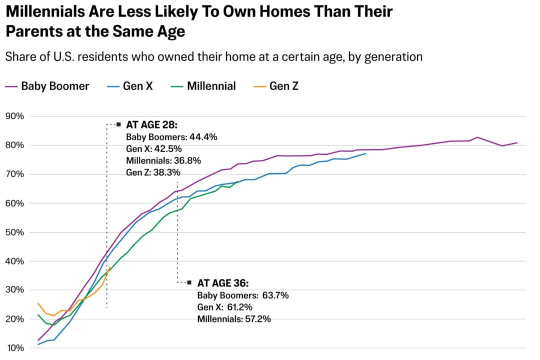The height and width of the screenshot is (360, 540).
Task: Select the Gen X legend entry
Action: click(x=131, y=86)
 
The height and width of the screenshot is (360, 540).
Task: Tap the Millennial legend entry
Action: click(x=204, y=86)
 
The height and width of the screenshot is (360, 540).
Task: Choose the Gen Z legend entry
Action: click(x=277, y=86)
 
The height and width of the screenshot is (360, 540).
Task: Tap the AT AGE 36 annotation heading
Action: click(x=223, y=283)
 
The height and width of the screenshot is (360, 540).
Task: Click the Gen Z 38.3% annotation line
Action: click(x=153, y=172)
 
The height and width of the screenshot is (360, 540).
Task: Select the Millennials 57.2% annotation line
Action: click(x=234, y=319)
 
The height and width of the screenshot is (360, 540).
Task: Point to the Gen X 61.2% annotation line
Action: click(x=225, y=307)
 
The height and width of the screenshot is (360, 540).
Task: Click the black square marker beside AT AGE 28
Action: click(x=118, y=124)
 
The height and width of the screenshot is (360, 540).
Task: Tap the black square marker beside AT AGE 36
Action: click(x=189, y=282)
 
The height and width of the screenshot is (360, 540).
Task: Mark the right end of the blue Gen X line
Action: click(x=365, y=153)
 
